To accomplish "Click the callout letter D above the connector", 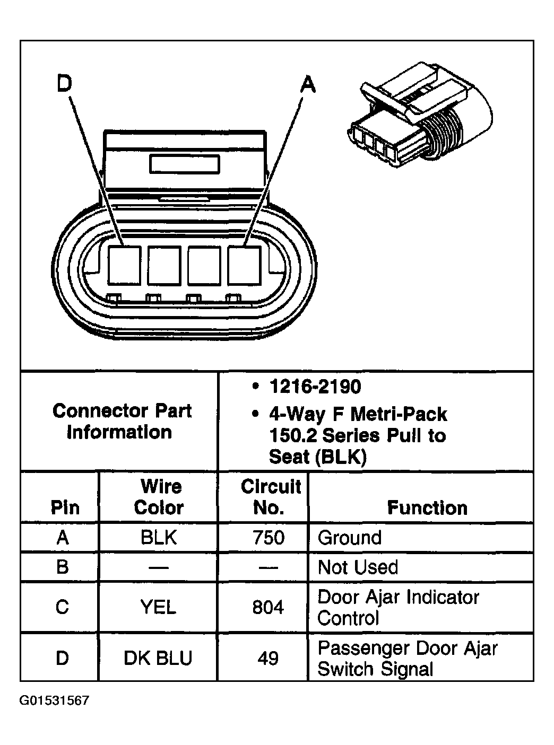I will point(64,83).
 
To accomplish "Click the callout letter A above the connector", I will point(308,84).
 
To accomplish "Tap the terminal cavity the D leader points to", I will point(124,264).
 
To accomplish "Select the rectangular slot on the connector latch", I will point(184,164).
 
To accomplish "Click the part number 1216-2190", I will point(315,387).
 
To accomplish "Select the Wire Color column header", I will point(158,497).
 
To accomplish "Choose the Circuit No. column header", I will point(270,497).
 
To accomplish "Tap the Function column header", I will point(427,507).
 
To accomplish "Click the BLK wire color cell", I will point(158,538).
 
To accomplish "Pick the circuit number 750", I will point(269,538).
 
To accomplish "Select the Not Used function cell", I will point(358,567).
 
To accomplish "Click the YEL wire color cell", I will point(158,607).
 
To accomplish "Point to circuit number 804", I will point(269,607).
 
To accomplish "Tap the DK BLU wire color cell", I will point(158,658).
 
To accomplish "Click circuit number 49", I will point(269,658).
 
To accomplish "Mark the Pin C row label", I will point(62,607).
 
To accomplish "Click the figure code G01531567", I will point(55,700).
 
